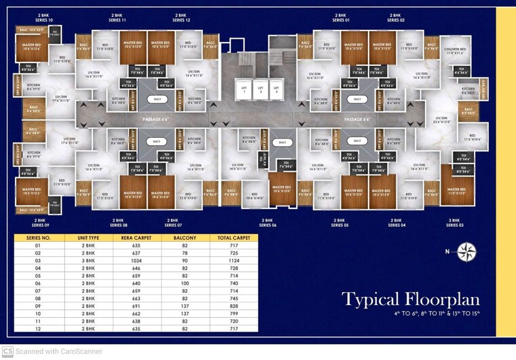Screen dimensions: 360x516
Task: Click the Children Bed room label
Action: (x=455, y=51)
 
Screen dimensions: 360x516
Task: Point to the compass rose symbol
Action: (x=466, y=253)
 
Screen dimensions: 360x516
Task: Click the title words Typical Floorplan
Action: (x=410, y=300)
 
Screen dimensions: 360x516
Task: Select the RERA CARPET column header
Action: (x=136, y=238)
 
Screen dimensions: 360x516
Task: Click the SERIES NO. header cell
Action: (x=39, y=238)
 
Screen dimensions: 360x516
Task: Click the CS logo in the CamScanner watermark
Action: (x=7, y=351)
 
